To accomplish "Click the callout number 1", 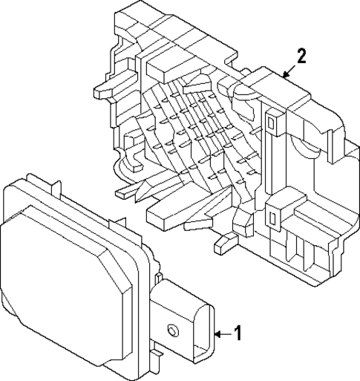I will click(x=238, y=333).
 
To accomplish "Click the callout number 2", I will click(x=301, y=56).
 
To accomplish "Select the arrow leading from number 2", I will click(x=289, y=70).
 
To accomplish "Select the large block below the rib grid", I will click(x=167, y=215).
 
